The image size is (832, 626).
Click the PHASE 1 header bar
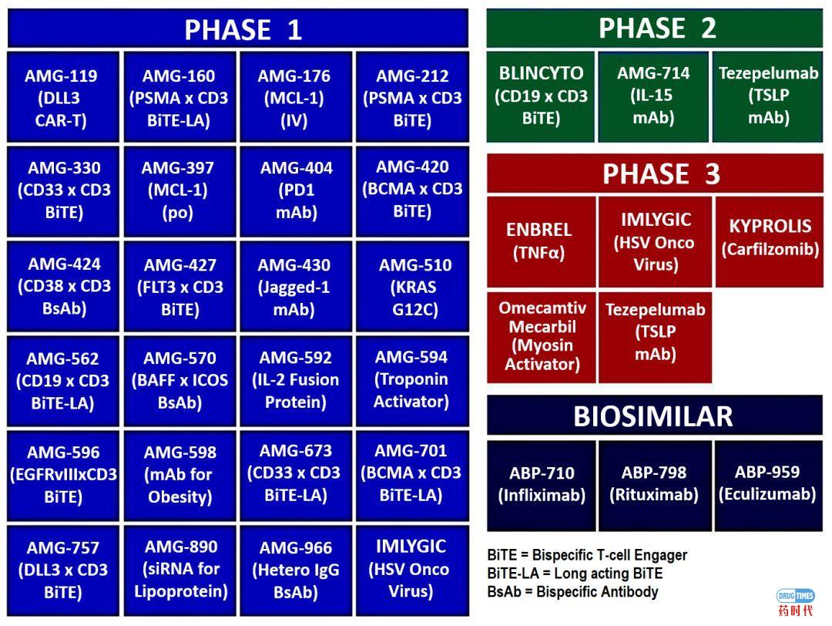coord(238,29)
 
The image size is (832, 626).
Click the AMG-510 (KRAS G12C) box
coord(413,287)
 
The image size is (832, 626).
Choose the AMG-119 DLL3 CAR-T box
coord(63,97)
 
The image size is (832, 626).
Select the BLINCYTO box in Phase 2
coord(541,96)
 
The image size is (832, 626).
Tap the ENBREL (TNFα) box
coord(541,241)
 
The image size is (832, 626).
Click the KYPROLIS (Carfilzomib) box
coord(769,237)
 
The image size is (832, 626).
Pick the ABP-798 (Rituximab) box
coord(654,484)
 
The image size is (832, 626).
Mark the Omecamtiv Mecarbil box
coord(541,336)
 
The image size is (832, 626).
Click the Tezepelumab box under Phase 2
coord(768,96)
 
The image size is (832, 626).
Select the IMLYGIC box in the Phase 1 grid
coord(411,569)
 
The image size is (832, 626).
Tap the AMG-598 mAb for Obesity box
coord(179,475)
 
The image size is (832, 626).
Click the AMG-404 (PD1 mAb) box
coord(296,190)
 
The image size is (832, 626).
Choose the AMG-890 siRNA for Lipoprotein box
coord(179,569)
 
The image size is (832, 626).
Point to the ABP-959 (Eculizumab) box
coord(767,484)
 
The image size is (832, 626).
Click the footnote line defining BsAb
coord(572,592)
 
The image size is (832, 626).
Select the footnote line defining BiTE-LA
coord(575,574)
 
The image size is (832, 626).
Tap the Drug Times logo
coord(794,601)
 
